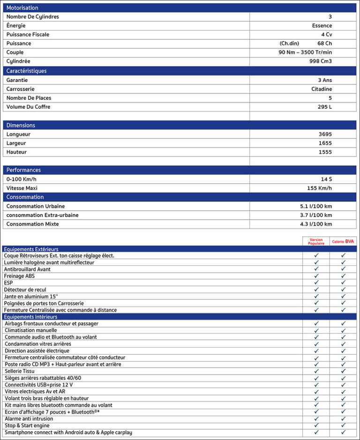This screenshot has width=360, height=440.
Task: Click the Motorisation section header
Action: [x=22, y=8]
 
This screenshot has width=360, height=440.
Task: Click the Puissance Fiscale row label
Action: [x=28, y=35]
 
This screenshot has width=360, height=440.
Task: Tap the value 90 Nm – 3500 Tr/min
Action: [x=305, y=52]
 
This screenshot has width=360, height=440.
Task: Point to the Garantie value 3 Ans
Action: [x=324, y=80]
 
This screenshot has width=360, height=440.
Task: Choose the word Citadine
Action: [x=322, y=89]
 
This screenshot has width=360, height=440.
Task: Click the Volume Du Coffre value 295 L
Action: [x=324, y=107]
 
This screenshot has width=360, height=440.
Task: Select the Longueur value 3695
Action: [x=325, y=134]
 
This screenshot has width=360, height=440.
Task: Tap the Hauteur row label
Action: [x=16, y=152]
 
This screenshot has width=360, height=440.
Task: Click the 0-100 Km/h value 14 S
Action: [x=326, y=179]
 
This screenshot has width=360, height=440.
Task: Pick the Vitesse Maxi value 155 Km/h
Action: [x=319, y=188]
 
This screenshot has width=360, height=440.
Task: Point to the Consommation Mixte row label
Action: [x=33, y=224]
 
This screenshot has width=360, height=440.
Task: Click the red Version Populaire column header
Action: [x=316, y=241]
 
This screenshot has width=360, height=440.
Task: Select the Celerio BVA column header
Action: [x=343, y=241]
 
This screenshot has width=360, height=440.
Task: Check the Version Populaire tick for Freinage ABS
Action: [x=316, y=276]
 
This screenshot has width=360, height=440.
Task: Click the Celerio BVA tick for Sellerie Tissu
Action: [x=343, y=371]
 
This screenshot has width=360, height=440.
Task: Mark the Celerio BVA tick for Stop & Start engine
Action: [x=343, y=425]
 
